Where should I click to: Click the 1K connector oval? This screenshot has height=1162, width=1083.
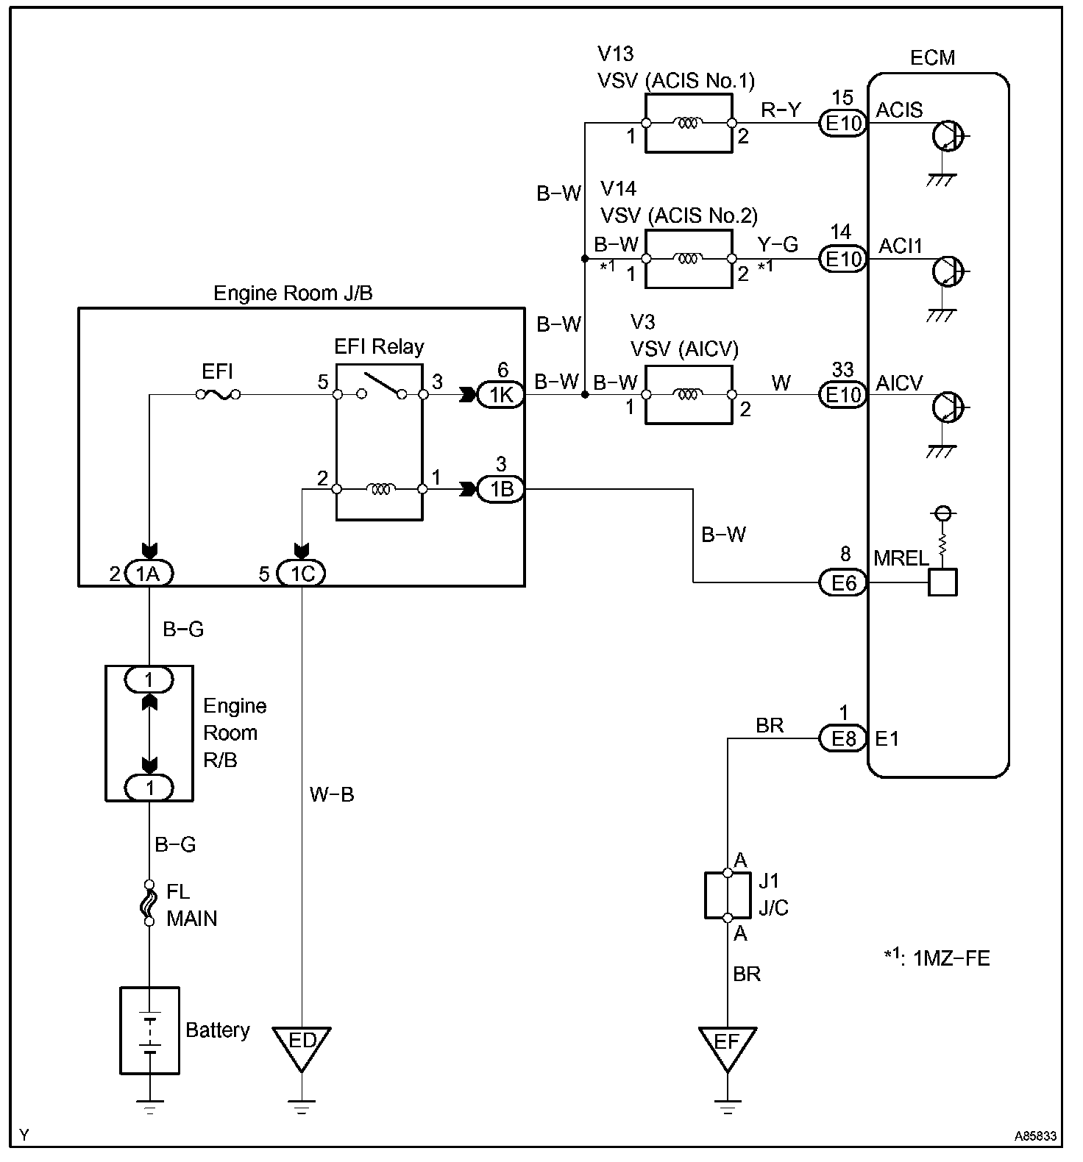(x=501, y=395)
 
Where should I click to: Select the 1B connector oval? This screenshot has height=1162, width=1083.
(x=501, y=489)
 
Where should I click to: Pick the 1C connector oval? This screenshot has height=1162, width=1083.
(x=302, y=573)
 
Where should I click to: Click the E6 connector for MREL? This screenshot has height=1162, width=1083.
(x=843, y=583)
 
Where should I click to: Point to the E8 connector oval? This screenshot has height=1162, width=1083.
(x=843, y=738)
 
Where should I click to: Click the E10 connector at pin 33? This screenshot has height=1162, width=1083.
(x=843, y=395)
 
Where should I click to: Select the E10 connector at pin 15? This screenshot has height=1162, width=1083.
(x=843, y=124)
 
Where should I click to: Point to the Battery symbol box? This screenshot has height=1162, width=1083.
(x=149, y=1030)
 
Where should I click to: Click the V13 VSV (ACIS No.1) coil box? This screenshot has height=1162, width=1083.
(x=689, y=124)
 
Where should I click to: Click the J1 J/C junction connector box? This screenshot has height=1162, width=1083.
(x=728, y=896)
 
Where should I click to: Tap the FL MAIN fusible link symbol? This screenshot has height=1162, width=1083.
(x=149, y=903)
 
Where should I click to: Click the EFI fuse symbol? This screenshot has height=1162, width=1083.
(x=218, y=395)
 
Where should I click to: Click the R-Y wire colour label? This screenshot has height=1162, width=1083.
(x=779, y=110)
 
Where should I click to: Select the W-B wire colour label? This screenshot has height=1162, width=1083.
(x=332, y=794)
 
